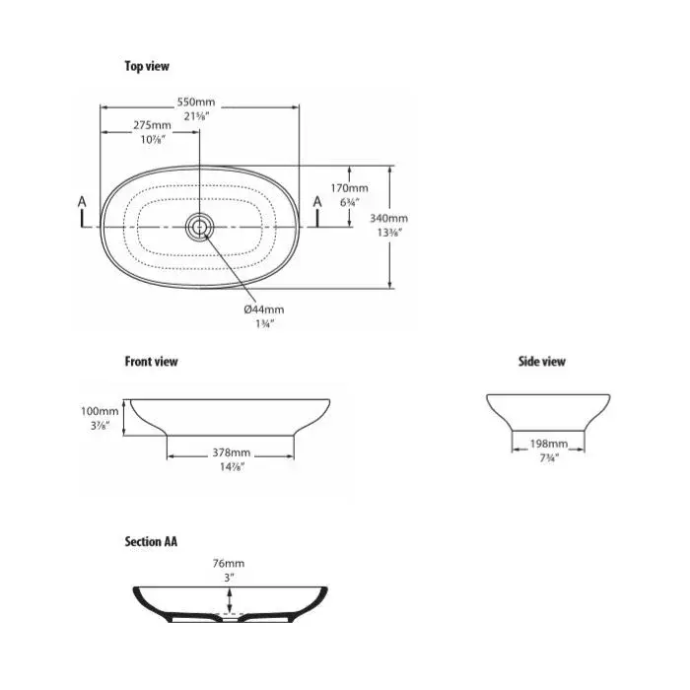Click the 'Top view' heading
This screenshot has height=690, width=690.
click(147, 66)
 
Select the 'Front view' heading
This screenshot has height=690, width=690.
click(152, 362)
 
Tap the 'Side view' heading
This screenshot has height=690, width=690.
click(542, 362)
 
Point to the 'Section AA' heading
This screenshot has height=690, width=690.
click(151, 541)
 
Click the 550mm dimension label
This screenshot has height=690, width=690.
click(196, 103)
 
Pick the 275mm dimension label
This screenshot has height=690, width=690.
click(152, 125)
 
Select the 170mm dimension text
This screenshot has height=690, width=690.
click(349, 188)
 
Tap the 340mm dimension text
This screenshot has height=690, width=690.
click(388, 218)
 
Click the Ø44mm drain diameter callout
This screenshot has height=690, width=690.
click(264, 310)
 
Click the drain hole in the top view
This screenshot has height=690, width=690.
click(199, 227)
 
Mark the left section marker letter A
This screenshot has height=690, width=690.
click(82, 202)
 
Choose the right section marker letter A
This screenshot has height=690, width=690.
click(317, 202)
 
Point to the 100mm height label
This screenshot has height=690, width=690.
click(100, 411)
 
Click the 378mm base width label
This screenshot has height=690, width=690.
click(232, 452)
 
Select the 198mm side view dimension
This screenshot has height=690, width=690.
click(549, 444)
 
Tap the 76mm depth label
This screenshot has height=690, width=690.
click(229, 563)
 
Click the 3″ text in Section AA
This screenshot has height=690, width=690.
click(229, 578)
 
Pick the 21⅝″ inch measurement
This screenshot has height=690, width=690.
click(196, 116)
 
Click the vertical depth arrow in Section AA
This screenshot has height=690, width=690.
click(229, 600)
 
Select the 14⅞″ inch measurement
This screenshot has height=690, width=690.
click(232, 467)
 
